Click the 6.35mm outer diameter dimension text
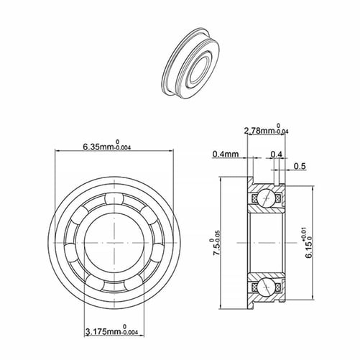tap(98, 147)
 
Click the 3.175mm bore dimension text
tap(104, 332)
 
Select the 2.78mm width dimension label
tap(260, 131)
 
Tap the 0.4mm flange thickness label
tap(226, 154)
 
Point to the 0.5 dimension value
tap(300, 166)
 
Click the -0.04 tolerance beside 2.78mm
tap(282, 131)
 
